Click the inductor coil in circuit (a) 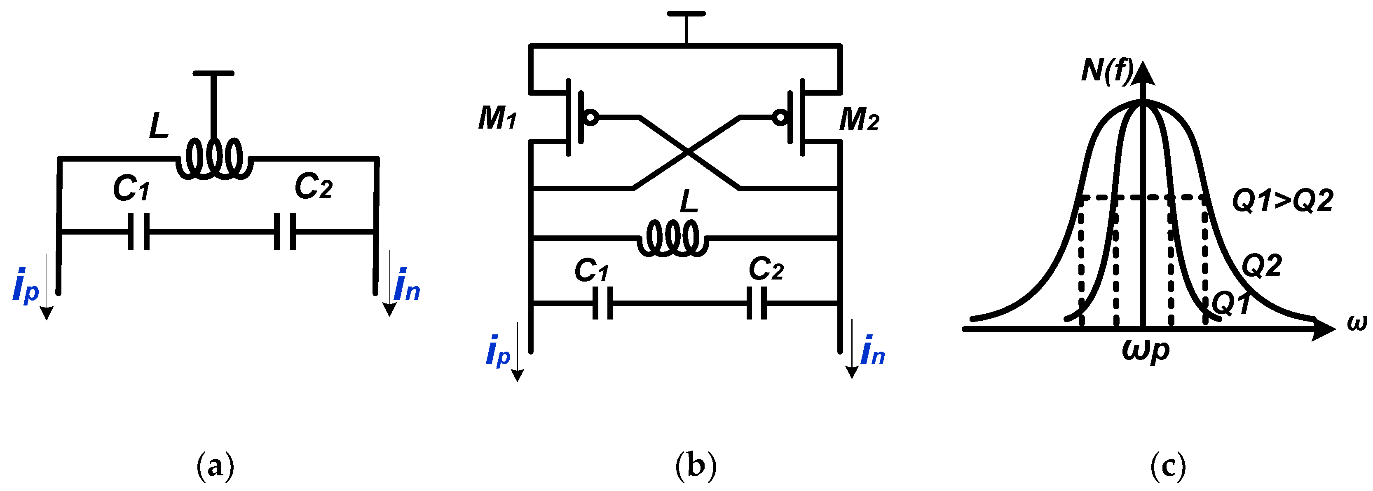pos(213,158)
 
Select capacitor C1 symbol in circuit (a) pos(138,231)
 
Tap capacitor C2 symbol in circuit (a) pos(285,231)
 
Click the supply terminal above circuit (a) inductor pos(213,73)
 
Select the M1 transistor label pos(497,118)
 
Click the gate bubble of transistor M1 pos(590,117)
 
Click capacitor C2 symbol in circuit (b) pos(756,303)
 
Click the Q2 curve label pos(1262,265)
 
